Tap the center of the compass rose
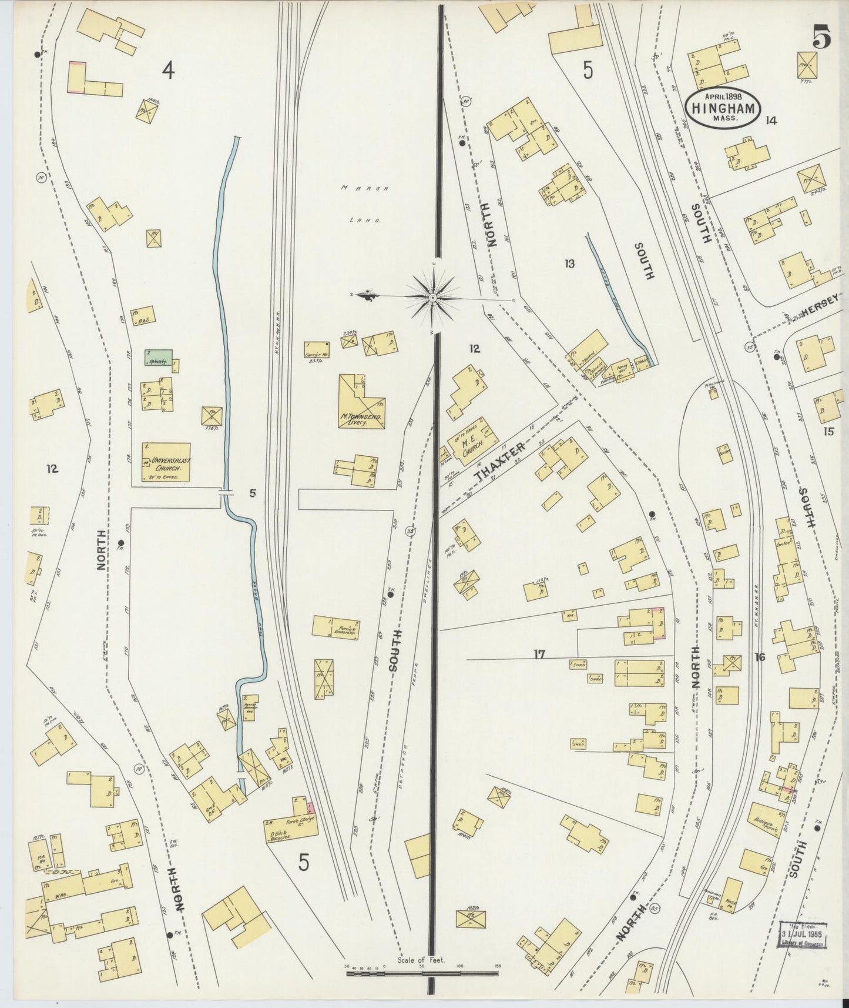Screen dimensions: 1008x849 click(x=432, y=298)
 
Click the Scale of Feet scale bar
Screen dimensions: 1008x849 click(x=422, y=973)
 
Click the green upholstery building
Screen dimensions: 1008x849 click(x=159, y=358)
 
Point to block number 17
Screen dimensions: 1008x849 click(x=539, y=653)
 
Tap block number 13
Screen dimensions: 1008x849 click(x=569, y=263)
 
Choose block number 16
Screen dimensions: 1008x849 click(x=760, y=657)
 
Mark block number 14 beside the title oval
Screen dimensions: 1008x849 click(x=771, y=121)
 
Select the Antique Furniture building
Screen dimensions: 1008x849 click(x=763, y=825)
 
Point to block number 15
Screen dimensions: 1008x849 click(x=828, y=432)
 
